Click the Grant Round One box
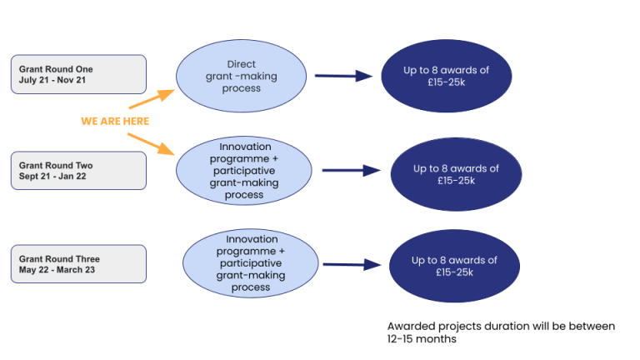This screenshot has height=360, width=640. [78, 74]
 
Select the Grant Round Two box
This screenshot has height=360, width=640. [78, 171]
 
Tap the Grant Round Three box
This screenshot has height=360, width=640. [78, 264]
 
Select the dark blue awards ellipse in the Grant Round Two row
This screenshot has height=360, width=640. [455, 174]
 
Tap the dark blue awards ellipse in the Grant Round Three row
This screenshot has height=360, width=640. [454, 266]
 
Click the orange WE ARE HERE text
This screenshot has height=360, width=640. [115, 122]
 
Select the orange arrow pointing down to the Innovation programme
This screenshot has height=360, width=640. [152, 142]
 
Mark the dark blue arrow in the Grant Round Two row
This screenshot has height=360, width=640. [351, 171]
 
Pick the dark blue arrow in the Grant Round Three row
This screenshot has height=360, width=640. [352, 265]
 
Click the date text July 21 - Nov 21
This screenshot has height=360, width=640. [52, 80]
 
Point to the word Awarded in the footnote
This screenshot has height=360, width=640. [409, 326]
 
